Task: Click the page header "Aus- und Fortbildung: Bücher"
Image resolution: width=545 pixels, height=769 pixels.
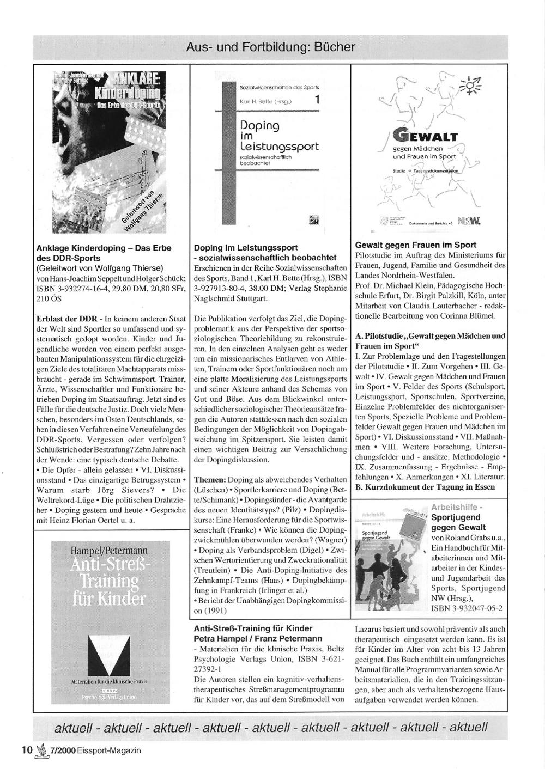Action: coord(270,47)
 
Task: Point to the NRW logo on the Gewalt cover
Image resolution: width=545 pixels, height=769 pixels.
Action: coord(469,222)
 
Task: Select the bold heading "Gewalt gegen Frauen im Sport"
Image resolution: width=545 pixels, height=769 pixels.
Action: coord(415,245)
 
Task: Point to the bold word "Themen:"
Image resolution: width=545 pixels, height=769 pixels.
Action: coord(210,479)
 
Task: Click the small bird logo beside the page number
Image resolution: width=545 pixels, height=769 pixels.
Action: coord(41,750)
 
